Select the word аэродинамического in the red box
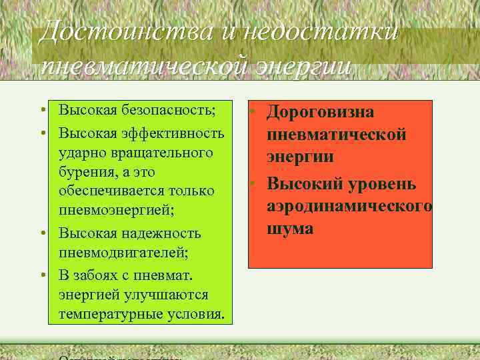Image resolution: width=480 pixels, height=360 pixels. click(349, 206)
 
